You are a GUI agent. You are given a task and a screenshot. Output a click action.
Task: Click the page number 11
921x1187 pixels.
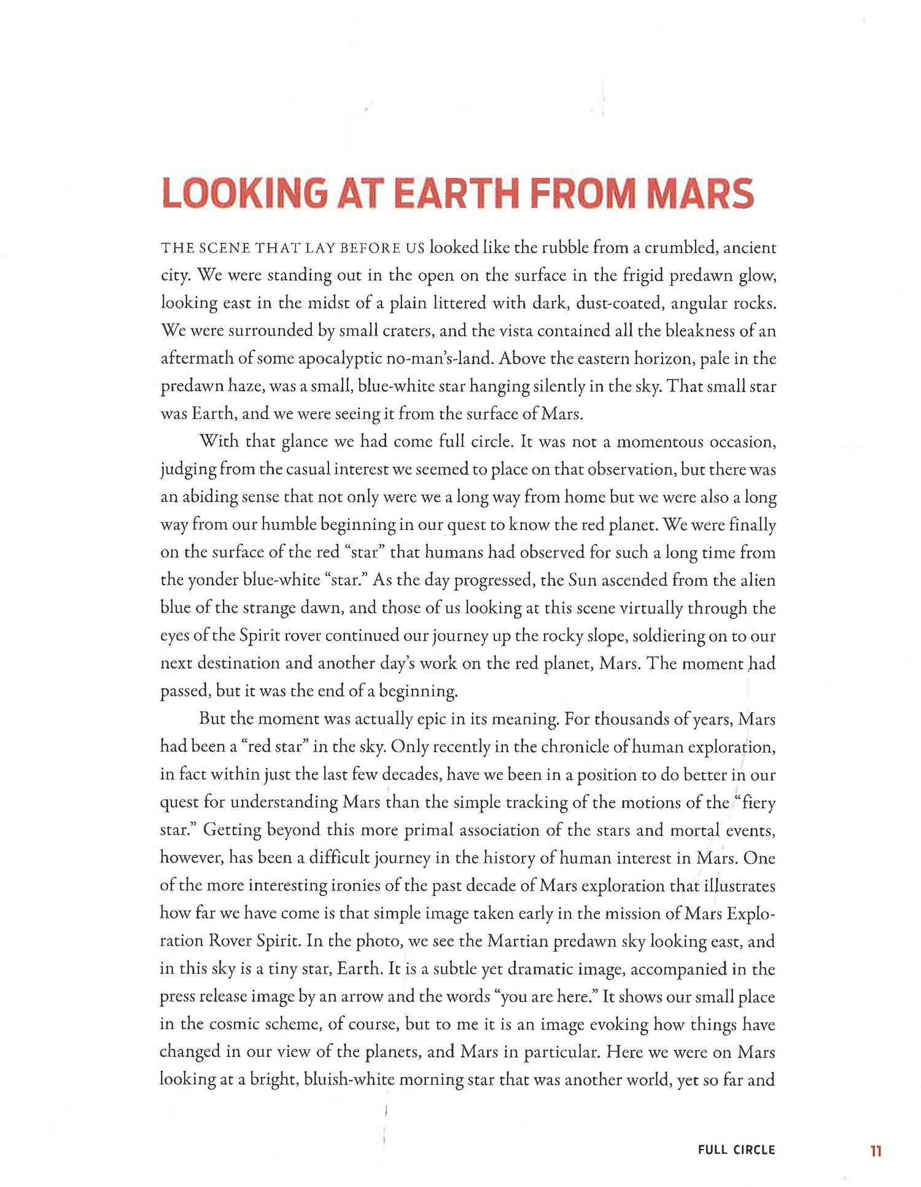click(x=876, y=1151)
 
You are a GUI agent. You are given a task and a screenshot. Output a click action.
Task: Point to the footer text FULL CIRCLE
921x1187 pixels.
click(x=736, y=1150)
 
